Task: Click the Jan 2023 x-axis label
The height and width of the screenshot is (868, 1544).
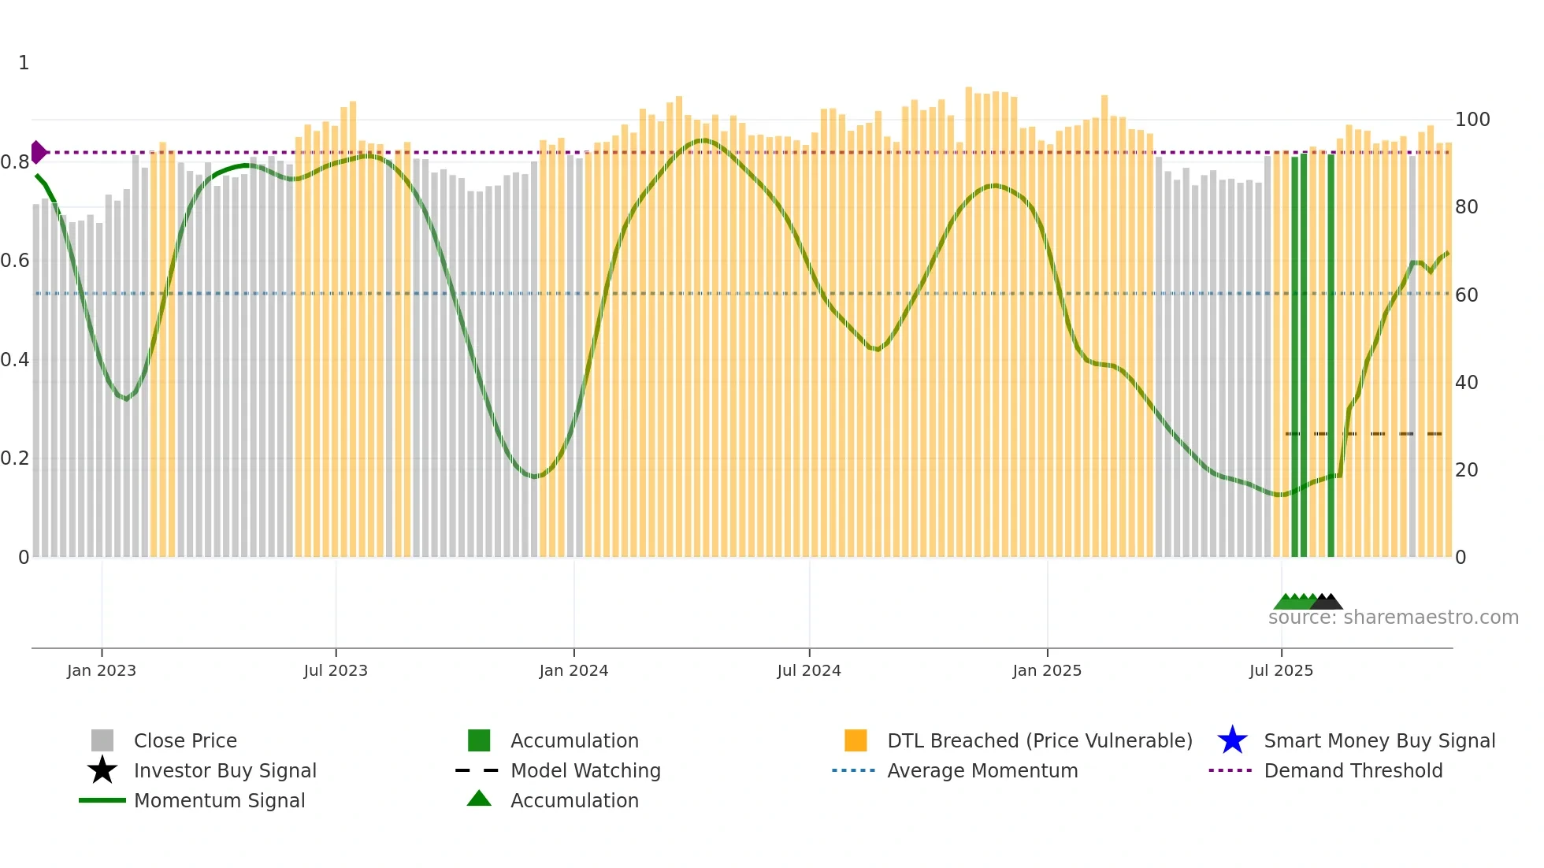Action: click(102, 670)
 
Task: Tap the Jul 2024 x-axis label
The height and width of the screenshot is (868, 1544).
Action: click(809, 670)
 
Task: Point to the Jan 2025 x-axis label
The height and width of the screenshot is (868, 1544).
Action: click(1047, 670)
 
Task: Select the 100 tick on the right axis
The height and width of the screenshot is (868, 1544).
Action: click(1472, 120)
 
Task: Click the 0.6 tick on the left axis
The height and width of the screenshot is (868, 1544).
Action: click(15, 261)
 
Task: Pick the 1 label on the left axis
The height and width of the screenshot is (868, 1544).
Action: click(24, 63)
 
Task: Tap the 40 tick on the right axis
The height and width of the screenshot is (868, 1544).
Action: click(1467, 383)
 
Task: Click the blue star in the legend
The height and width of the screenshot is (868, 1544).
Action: click(1232, 740)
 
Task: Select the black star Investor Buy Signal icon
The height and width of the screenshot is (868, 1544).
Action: click(102, 770)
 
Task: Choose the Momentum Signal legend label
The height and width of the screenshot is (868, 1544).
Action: click(219, 800)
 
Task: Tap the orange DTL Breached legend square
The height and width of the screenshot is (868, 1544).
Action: click(856, 740)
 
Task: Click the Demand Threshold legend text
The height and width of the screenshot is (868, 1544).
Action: click(1353, 770)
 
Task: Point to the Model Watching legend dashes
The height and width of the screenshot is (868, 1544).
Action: click(477, 770)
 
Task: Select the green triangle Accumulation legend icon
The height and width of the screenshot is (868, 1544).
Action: click(479, 799)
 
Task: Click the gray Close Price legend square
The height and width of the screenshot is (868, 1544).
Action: click(102, 740)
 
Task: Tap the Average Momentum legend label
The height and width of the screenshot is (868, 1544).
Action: click(982, 770)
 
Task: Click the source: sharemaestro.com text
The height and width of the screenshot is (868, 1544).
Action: click(1393, 618)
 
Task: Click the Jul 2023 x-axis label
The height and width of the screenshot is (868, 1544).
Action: click(336, 670)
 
